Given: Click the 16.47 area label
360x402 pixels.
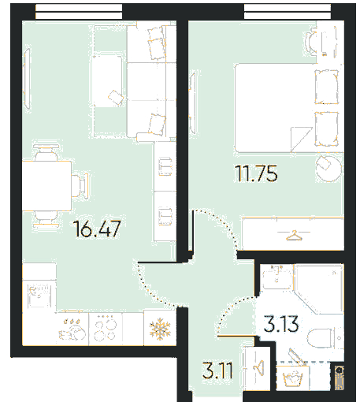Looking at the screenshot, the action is coord(97,229).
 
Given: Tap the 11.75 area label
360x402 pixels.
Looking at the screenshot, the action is coord(256,173).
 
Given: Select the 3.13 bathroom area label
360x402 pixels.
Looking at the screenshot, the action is coord(281,324).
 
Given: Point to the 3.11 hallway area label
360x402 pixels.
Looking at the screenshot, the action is coord(217,370).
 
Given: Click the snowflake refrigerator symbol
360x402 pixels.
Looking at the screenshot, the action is coord(160,328).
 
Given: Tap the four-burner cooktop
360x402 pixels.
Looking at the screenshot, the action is coord(106,329).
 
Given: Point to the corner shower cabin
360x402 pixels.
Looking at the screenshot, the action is coord(319,289).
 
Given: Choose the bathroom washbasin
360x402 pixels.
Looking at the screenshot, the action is coord(277,277).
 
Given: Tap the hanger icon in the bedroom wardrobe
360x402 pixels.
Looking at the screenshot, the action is coord(294,236).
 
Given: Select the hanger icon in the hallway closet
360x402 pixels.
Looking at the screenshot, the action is coord(258,367).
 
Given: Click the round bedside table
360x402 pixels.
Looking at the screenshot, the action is coord(328,169).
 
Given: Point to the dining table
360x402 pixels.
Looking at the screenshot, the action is coord(46,186).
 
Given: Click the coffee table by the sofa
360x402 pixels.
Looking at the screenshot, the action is coord(107,81).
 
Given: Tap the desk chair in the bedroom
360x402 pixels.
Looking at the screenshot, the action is coord(312,42).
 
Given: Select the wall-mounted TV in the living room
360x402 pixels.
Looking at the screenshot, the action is coord(27,79).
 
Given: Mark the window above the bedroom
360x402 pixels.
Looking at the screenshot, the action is coord(288,12).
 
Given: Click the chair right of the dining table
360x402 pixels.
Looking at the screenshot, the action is coord(80,185).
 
